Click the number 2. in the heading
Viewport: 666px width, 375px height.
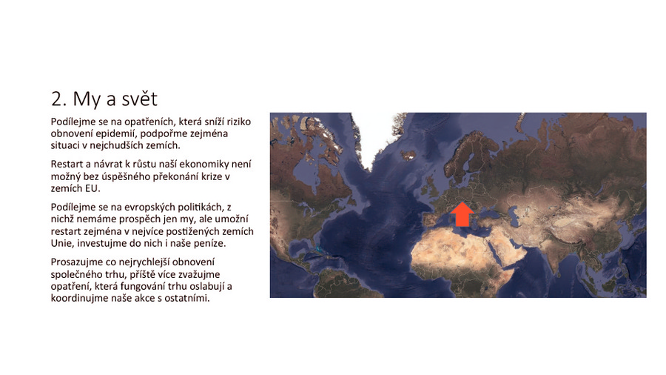point(59,99)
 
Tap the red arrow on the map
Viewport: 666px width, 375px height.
point(462,214)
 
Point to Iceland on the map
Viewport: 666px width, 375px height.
point(410,154)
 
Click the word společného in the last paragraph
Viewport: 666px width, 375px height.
point(78,274)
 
